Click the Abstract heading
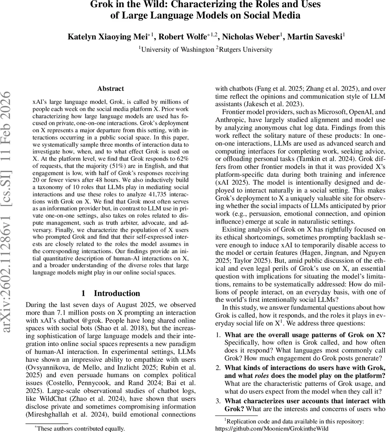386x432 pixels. pyautogui.click(x=111, y=89)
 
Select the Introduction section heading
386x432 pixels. pyautogui.click(x=117, y=293)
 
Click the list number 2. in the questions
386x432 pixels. pyautogui.click(x=218, y=368)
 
